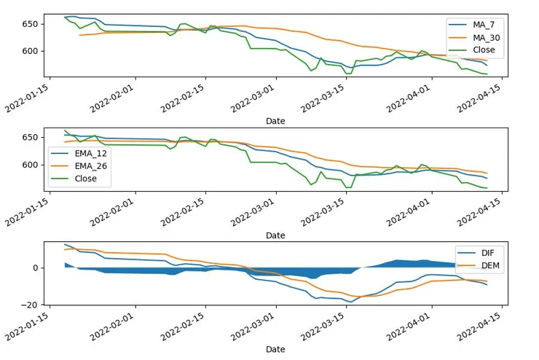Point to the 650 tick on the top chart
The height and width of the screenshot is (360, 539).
(30, 24)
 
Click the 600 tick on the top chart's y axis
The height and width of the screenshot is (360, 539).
(30, 51)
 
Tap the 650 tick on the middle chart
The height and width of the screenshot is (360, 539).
(30, 138)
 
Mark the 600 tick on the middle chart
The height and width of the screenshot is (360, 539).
(30, 165)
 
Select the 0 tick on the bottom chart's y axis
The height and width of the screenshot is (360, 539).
(34, 267)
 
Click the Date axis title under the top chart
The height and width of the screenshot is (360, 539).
(275, 121)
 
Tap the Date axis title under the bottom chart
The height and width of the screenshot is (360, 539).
(275, 349)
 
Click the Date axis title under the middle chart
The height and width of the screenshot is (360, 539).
(275, 235)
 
